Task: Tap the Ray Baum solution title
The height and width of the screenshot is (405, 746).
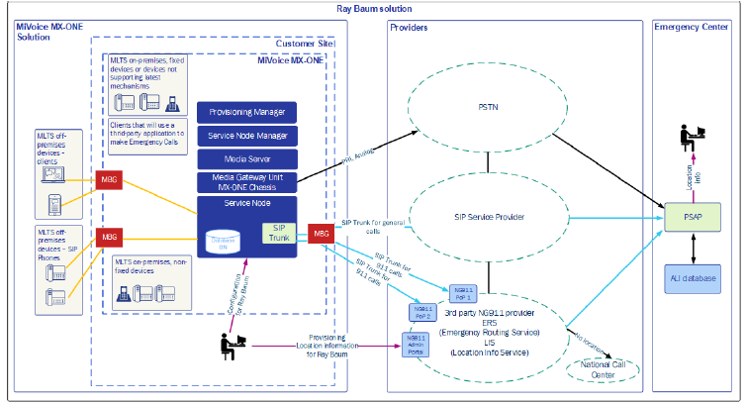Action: [373, 8]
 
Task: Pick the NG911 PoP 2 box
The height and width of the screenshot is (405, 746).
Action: [422, 312]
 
